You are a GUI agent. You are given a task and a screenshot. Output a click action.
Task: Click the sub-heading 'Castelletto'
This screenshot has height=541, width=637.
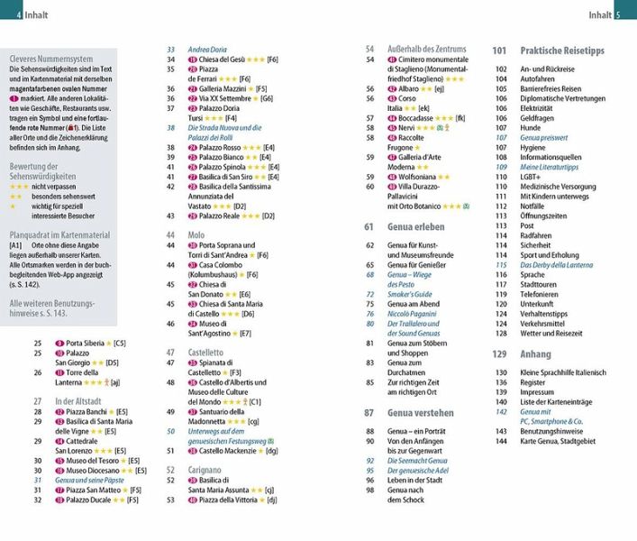[x=206, y=353]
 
